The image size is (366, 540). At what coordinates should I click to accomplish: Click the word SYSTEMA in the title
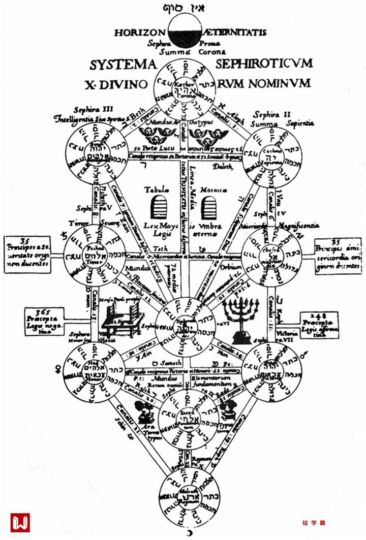click(121, 65)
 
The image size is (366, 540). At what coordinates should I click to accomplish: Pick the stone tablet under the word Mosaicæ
click(209, 207)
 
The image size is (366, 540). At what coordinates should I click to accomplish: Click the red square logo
click(20, 522)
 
